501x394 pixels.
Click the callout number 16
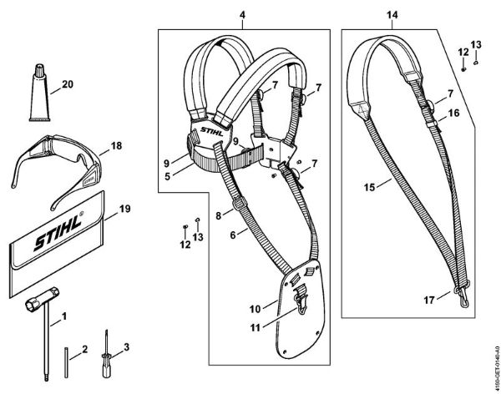pos(454,112)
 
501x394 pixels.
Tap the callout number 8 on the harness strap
pos(219,215)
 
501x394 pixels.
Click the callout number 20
pos(68,84)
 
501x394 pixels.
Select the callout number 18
pos(115,144)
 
